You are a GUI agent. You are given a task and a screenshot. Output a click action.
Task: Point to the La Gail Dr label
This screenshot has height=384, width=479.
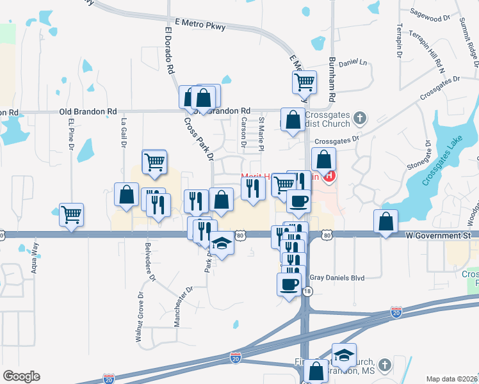[123, 133]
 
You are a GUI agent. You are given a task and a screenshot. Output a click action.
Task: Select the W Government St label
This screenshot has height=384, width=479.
[438, 236]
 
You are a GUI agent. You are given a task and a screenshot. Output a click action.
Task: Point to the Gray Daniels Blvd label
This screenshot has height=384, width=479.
[337, 278]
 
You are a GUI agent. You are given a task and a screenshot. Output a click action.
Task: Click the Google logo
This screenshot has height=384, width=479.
[21, 376]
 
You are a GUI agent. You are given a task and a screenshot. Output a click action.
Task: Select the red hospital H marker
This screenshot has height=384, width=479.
[330, 176]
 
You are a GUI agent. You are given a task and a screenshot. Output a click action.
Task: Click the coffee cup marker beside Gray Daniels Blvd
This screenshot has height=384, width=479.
[288, 284]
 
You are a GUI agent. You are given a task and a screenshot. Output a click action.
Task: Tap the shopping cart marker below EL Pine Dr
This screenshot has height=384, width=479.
[72, 214]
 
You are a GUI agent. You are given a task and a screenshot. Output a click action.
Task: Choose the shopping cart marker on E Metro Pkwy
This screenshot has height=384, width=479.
[304, 81]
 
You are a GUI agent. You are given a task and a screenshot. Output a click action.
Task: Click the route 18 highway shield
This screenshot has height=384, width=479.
[308, 291]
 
